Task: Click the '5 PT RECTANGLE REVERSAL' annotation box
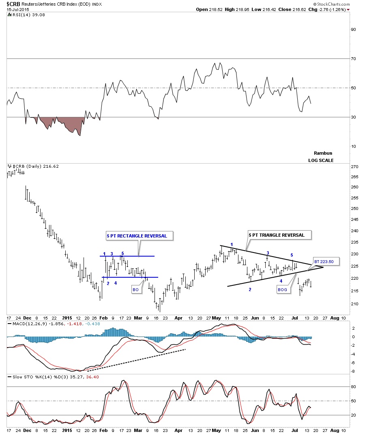point(137,235)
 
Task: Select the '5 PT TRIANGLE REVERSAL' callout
point(277,235)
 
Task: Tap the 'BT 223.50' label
point(323,261)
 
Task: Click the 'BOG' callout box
point(283,289)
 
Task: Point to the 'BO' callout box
point(135,289)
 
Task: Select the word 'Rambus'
point(323,153)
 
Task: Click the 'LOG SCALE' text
point(321,160)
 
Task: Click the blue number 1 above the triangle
point(232,244)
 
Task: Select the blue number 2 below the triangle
point(249,289)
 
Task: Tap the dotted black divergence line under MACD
point(136,360)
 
